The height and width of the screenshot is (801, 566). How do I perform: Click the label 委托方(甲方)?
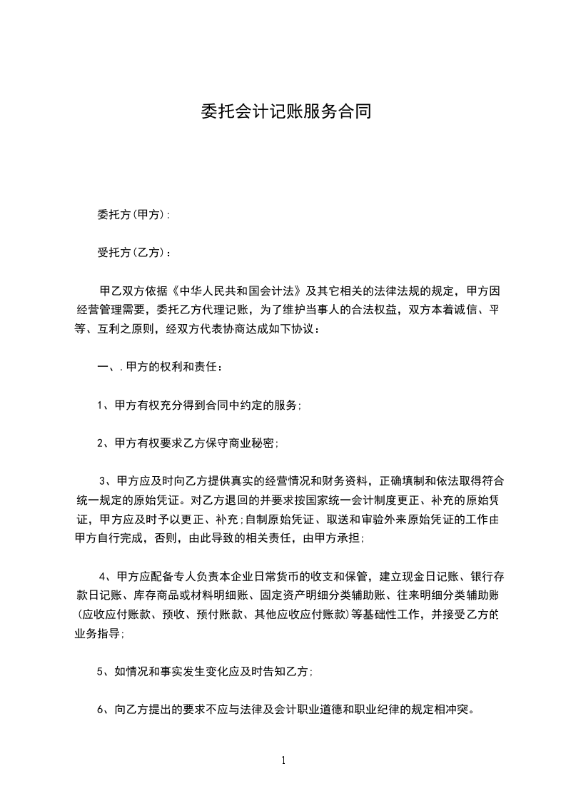point(132,214)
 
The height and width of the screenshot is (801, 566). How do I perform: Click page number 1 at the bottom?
point(283,760)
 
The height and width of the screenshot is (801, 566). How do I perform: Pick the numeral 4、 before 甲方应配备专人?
point(106,577)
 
